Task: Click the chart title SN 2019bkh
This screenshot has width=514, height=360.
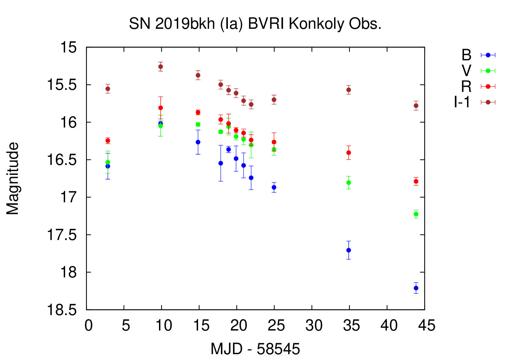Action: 255,24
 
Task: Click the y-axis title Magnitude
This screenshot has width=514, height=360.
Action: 13,179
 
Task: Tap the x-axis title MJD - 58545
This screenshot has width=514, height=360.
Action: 255,349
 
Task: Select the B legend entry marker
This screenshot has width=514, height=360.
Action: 488,55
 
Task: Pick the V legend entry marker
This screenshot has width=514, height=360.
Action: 488,71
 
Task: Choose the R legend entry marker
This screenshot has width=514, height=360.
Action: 488,86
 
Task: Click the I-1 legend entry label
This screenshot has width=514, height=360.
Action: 462,102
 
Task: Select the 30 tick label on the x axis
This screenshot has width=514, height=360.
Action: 314,325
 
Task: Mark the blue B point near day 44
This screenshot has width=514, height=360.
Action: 416,288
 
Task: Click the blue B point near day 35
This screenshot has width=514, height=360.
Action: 348,250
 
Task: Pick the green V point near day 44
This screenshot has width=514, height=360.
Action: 416,214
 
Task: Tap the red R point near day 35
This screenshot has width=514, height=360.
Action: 348,153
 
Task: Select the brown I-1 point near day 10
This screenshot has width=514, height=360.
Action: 160,67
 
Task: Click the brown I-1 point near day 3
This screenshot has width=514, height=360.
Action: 108,89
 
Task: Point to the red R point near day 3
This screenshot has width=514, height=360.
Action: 108,141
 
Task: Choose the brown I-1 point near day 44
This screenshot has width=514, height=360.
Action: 416,106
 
